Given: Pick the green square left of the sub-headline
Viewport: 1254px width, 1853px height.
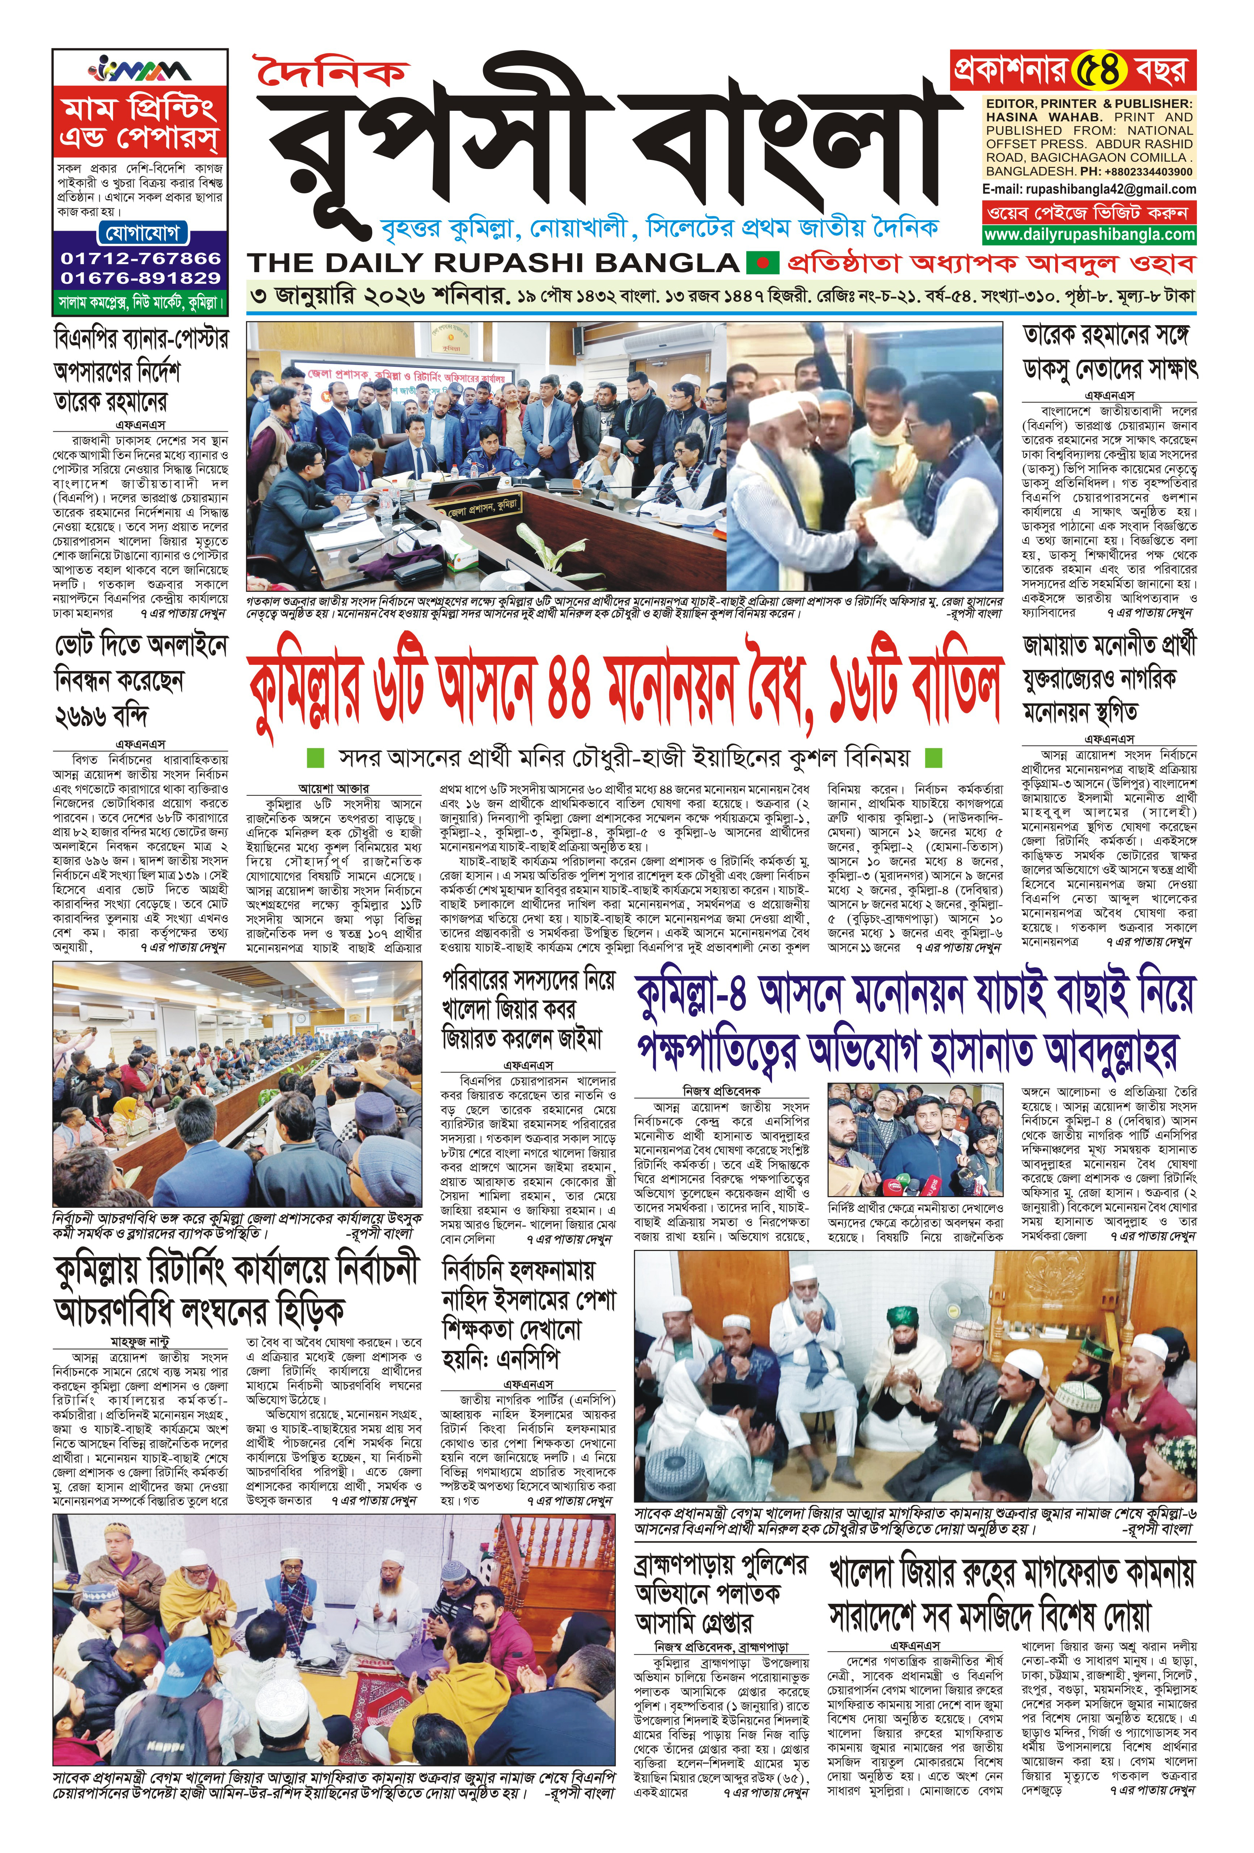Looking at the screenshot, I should point(315,755).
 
